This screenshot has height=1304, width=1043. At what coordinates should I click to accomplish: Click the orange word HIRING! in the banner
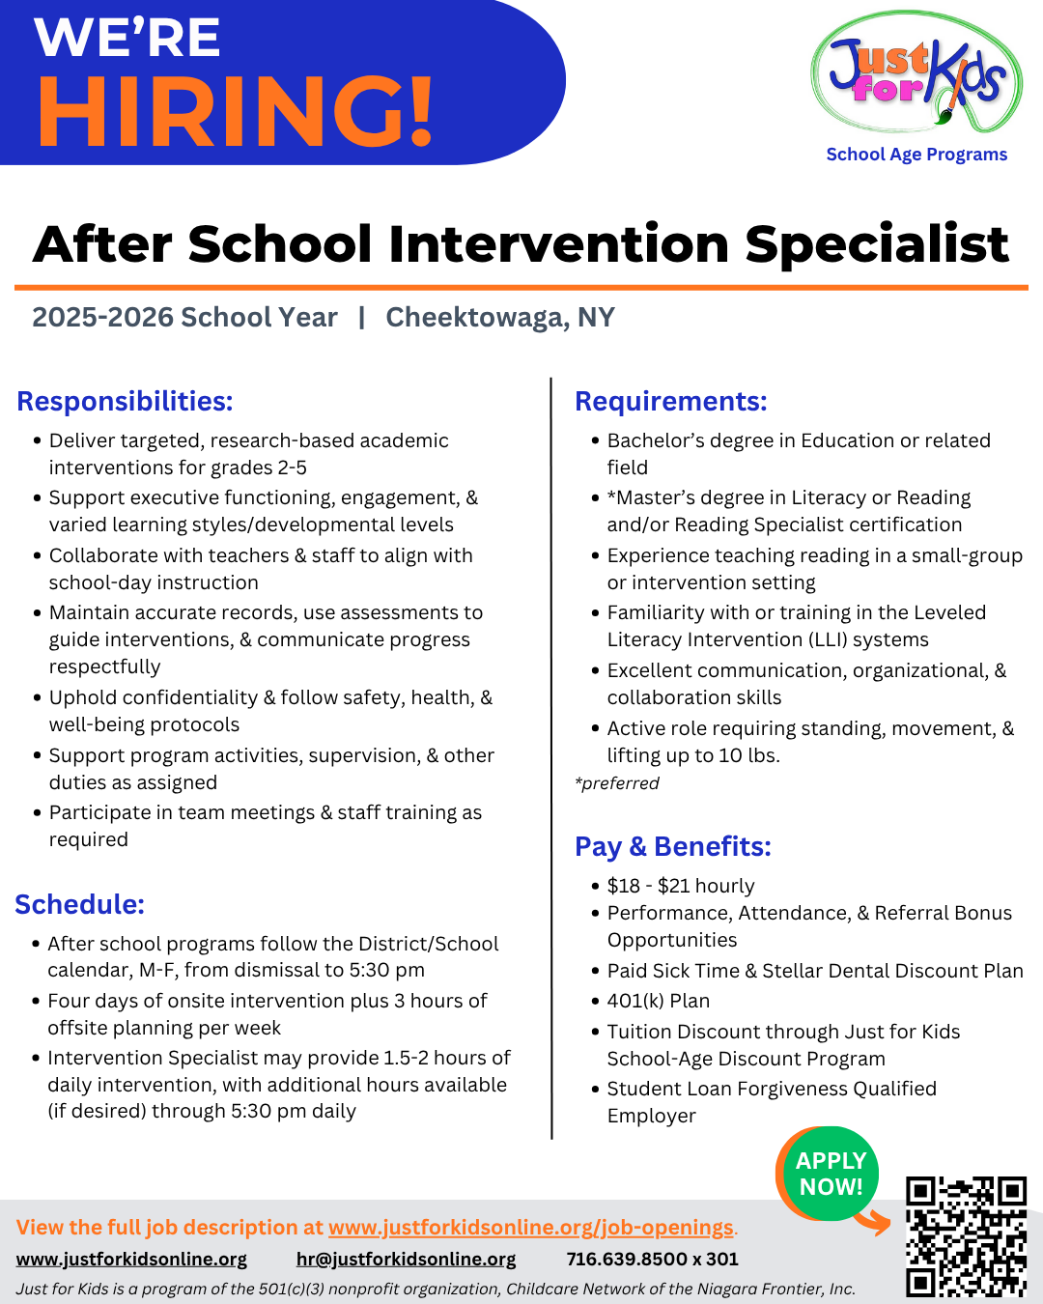pos(236,111)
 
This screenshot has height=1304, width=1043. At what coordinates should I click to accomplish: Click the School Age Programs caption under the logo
pos(916,155)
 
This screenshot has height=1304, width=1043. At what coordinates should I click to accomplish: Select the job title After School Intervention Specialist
pos(521,243)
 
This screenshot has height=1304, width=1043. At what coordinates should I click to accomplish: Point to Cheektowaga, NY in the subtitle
pos(499,318)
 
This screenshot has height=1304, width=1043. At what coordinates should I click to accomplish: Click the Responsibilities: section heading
pos(125,401)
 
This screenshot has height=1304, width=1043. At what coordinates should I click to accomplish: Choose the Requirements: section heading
pos(670,401)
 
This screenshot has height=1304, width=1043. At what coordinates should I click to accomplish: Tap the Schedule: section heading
pos(79,904)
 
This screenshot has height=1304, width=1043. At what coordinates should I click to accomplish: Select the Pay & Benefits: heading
pos(672,846)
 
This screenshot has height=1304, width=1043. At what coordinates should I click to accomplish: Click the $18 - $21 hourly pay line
pos(680,886)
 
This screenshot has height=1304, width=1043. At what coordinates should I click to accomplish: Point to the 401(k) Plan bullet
pos(658,1001)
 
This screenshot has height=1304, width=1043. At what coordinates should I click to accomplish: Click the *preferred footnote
pos(616,783)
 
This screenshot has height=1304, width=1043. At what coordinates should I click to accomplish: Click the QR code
pos(965,1235)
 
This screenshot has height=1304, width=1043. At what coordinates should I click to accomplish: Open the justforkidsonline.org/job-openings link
pos(530,1228)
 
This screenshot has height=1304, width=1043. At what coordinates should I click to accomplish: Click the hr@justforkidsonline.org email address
pos(406,1260)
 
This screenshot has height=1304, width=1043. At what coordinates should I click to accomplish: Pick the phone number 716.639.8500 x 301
pos(652,1260)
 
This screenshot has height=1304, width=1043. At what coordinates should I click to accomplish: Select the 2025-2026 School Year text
pos(184,318)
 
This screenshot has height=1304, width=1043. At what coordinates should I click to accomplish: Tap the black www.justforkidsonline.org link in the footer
pos(131,1260)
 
